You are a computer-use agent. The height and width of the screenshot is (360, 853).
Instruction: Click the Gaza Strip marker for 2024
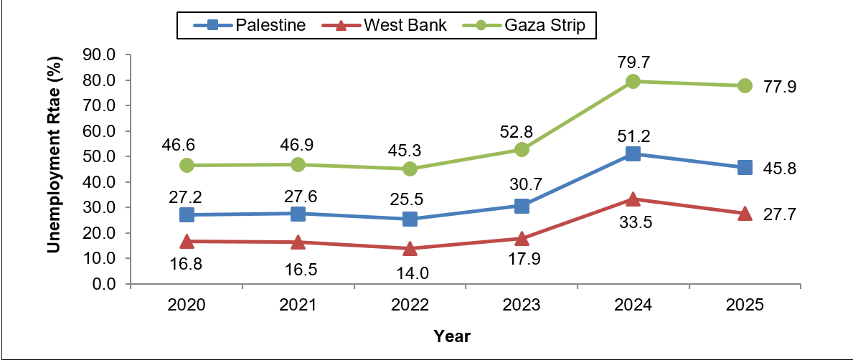pos(633,81)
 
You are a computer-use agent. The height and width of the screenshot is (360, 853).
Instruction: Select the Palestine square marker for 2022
pos(410,219)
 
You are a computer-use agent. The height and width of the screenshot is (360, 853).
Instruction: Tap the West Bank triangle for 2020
pos(187,241)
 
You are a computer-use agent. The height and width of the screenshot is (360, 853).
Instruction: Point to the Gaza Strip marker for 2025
pos(745,85)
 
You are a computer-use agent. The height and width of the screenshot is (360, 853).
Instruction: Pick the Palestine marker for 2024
pos(633,153)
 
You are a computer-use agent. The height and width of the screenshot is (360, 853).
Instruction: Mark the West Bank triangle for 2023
pos(522,238)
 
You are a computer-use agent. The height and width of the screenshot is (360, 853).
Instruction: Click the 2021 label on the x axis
pos(298,305)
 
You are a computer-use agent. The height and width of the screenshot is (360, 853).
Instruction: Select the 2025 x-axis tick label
pos(745,305)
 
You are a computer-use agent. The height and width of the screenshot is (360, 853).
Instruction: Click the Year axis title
pos(451,336)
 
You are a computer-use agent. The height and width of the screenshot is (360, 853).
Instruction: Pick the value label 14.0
pos(410,273)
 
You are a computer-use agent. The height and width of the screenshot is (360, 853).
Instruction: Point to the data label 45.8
pos(780,169)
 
